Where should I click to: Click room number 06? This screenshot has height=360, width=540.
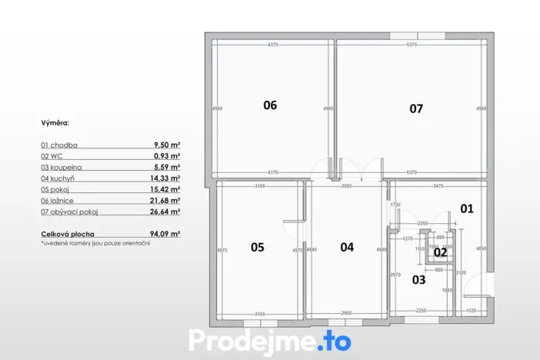point(269,105)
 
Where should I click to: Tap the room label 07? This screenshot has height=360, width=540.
point(415,108)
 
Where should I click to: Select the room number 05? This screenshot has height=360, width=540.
point(257,247)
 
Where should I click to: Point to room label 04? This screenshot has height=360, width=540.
point(347,247)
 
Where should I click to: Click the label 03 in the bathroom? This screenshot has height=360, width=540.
point(418,280)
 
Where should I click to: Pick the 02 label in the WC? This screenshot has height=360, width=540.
point(440,252)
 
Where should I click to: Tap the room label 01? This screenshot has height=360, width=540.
point(467,208)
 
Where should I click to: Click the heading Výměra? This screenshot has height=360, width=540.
point(56,122)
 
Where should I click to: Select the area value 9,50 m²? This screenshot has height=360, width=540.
point(167,145)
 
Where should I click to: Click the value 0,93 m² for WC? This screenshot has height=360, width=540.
point(168,155)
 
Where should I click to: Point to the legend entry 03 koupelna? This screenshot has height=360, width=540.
point(62,167)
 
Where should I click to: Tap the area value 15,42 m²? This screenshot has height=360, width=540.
point(165,189)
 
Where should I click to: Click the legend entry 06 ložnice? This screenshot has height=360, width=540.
point(59,200)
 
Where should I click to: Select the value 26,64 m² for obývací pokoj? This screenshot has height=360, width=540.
point(165,212)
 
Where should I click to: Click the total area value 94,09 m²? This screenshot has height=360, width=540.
point(165,233)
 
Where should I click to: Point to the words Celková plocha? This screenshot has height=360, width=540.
point(66,233)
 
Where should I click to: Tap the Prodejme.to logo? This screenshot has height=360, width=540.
point(269,339)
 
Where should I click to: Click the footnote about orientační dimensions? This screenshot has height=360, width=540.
point(95,243)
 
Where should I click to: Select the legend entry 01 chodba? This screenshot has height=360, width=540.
point(59,145)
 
